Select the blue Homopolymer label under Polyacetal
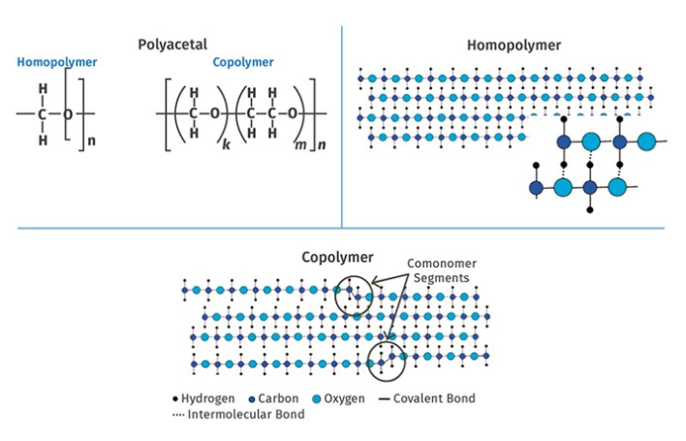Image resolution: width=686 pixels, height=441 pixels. tap(56, 63)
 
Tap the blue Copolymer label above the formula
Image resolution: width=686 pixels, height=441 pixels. tap(242, 63)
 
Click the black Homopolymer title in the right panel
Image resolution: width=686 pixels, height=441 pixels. tap(514, 45)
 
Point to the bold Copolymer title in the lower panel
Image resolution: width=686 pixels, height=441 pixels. tap(336, 258)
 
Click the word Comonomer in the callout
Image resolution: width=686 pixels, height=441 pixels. tap(442, 264)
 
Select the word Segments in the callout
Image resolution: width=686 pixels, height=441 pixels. tap(443, 278)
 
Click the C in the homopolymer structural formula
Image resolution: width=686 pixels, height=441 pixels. tap(43, 114)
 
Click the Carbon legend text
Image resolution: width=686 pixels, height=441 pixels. tap(278, 398)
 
